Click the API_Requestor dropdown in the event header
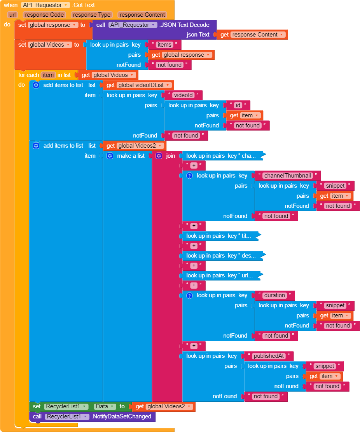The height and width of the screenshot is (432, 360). [45, 5]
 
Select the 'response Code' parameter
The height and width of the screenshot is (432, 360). [44, 15]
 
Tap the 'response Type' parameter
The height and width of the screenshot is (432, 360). [91, 15]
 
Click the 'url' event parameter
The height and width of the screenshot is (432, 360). [12, 15]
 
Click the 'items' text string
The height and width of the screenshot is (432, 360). [164, 45]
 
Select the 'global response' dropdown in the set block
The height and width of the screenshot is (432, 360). [51, 25]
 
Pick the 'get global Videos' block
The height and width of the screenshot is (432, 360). [108, 75]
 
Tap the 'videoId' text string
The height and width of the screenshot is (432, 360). [183, 95]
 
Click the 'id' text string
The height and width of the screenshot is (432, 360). [238, 105]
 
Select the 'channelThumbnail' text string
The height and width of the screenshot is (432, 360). [288, 176]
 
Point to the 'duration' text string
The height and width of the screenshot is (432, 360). [274, 295]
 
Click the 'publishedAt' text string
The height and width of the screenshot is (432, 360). [269, 356]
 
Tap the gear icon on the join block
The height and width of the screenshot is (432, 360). [159, 156]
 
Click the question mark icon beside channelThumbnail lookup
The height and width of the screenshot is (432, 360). [189, 176]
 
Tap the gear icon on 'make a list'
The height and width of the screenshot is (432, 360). [110, 156]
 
